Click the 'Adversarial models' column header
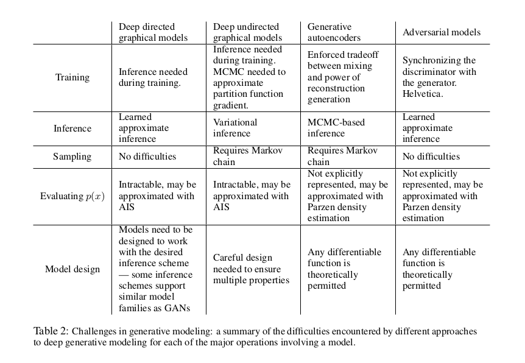pos(442,32)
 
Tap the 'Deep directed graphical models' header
pos(153,32)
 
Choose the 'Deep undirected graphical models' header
pos(246,32)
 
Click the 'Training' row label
pos(72,77)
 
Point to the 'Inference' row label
pos(72,129)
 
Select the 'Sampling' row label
pos(72,157)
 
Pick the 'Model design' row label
pos(72,269)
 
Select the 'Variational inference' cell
pos(235,128)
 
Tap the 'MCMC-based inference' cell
pos(336,128)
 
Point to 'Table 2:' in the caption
pos(51,331)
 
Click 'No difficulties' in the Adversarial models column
pos(431,157)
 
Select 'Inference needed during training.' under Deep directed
pos(153,77)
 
